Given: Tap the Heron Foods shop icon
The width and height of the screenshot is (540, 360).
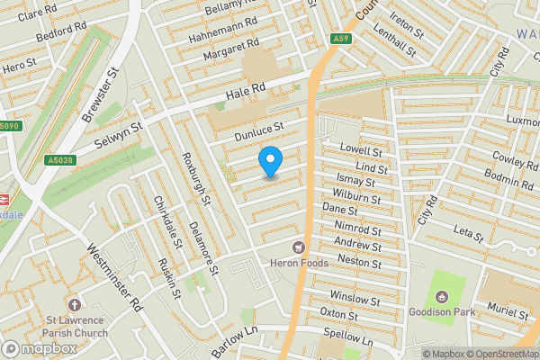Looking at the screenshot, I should [x=298, y=247].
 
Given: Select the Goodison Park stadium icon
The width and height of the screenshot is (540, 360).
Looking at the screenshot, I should [x=441, y=297].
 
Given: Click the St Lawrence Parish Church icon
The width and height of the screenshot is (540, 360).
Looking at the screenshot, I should [x=75, y=305].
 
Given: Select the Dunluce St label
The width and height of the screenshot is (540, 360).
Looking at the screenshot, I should [x=258, y=132].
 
